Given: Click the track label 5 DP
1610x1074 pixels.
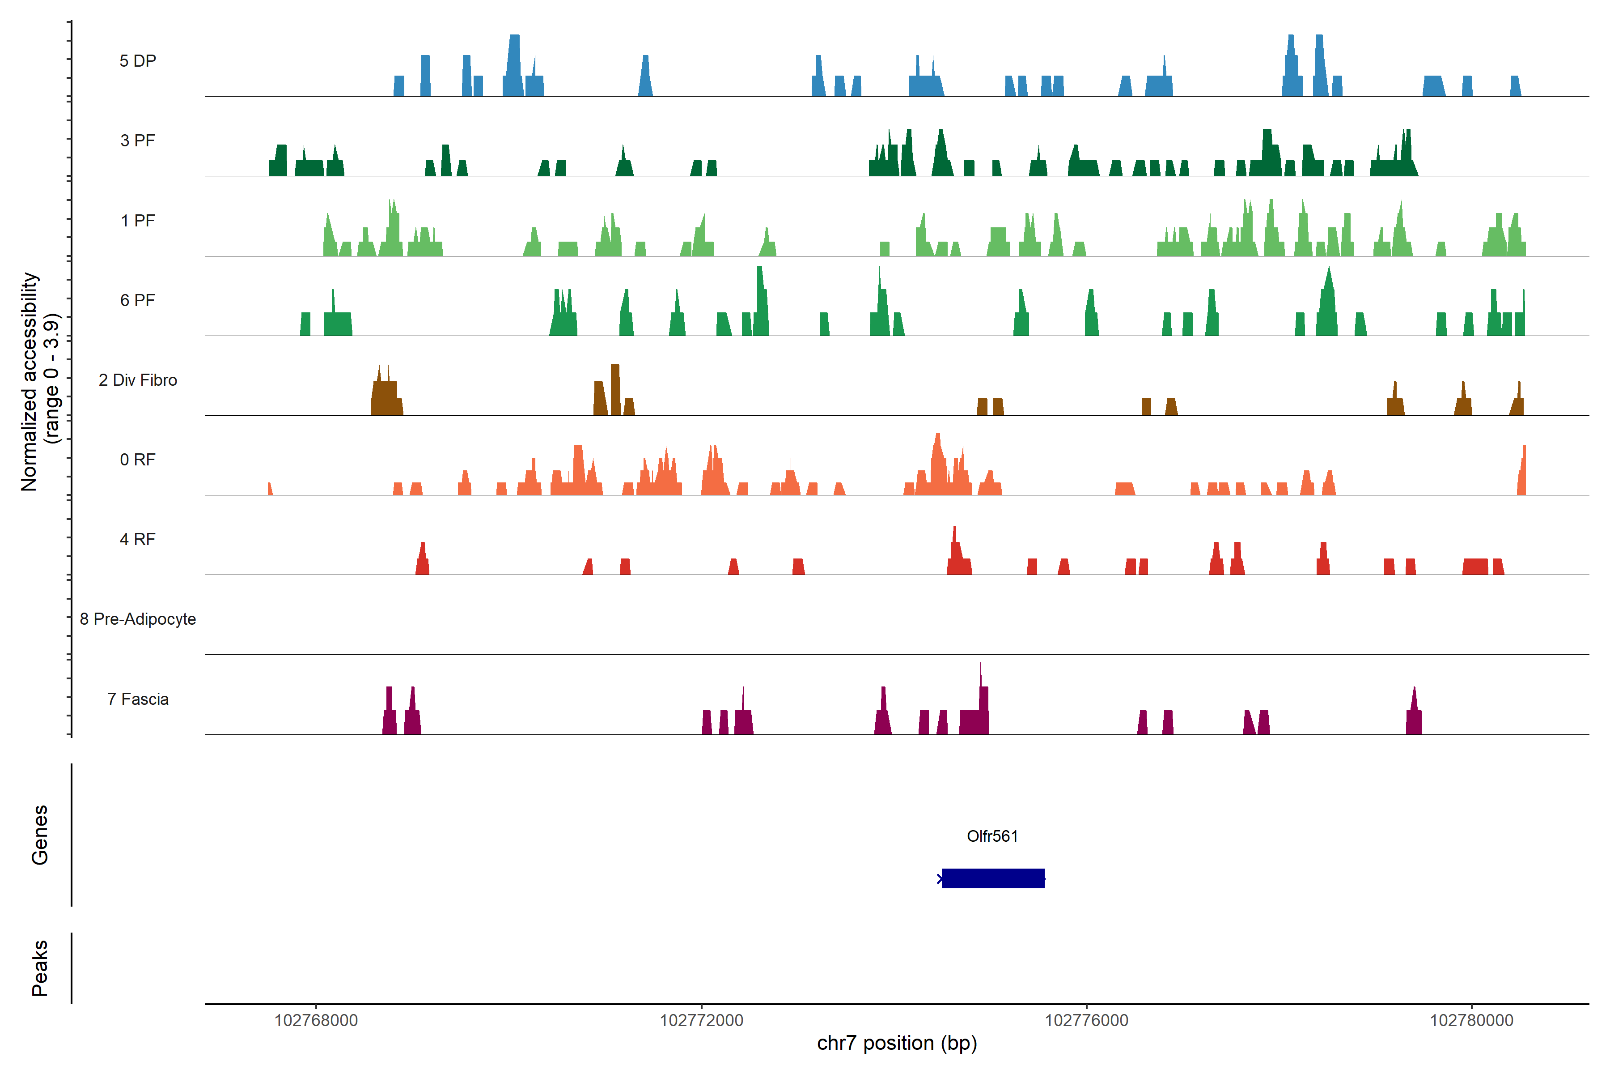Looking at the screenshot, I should (x=138, y=61).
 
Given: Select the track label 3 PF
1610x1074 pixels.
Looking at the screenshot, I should (x=138, y=141).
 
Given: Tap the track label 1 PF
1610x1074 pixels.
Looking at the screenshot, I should (x=138, y=221).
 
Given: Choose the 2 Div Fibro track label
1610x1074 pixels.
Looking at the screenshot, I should (x=138, y=380).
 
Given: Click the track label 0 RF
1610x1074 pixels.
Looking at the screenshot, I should (x=138, y=460).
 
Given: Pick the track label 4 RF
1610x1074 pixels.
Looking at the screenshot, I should (x=138, y=539).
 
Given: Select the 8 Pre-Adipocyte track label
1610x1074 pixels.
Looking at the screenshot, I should (x=138, y=619).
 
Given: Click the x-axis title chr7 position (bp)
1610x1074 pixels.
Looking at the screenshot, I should (x=897, y=1043).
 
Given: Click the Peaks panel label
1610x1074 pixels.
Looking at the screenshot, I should (x=40, y=968).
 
